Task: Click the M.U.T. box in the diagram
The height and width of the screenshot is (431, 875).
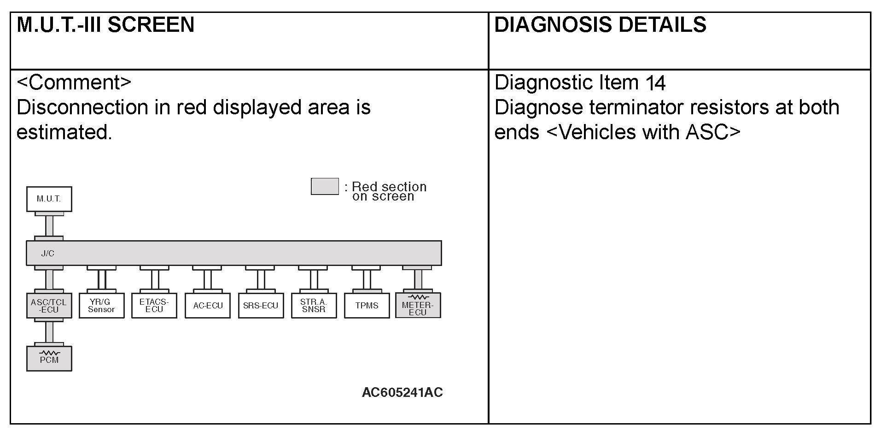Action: pos(49,199)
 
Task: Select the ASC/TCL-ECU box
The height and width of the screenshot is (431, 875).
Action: pos(49,306)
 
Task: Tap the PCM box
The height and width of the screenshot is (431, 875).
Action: pos(49,359)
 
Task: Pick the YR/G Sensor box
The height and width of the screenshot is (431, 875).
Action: pos(101,306)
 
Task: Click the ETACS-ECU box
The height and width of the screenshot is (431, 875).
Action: pos(154,306)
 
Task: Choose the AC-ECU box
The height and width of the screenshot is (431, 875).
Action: pos(208,306)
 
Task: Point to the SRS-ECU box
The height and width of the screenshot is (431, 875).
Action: pos(261,306)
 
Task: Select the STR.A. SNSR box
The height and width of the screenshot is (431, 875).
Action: pos(314,306)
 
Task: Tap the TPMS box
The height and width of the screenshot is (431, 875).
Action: pos(367,306)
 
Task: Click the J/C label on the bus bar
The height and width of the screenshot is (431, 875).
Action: pos(48,254)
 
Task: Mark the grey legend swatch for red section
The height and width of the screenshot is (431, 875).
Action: pos(325,186)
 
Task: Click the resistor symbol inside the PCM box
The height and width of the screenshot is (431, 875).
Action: pos(49,353)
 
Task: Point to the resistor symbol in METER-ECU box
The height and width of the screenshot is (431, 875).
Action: pos(418,297)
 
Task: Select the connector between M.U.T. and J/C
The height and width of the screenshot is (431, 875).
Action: pos(49,226)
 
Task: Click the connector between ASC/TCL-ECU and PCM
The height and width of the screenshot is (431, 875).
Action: pos(49,331)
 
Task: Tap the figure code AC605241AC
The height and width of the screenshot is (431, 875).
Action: pos(402,392)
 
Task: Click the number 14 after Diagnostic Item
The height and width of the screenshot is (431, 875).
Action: pos(655,83)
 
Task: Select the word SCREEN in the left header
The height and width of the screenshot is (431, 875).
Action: pos(151,24)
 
